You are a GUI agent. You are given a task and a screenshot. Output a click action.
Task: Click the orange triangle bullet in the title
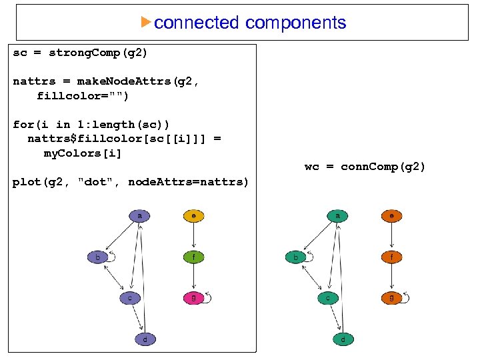[x=147, y=22]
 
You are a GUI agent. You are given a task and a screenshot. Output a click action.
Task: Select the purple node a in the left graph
[x=139, y=216]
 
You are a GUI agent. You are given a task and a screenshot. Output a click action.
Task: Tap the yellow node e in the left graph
[x=193, y=216]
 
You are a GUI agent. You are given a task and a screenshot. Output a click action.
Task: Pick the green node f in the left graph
[x=193, y=257]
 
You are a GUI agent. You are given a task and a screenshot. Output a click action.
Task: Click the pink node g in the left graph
[x=193, y=298]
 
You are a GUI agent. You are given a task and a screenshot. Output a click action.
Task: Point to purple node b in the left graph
[x=98, y=257]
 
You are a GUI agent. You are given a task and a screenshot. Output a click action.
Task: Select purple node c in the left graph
[x=130, y=299]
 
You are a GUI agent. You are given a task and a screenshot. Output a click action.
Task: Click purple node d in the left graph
[x=145, y=339]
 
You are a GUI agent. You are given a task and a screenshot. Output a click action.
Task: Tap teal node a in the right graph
[x=338, y=216]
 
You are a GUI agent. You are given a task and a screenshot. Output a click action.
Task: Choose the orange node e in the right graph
[x=391, y=216]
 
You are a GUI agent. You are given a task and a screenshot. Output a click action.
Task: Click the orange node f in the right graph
[x=391, y=257]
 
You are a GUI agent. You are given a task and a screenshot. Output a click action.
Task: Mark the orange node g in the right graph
[x=391, y=298]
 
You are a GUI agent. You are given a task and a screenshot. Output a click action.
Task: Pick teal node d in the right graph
[x=343, y=339]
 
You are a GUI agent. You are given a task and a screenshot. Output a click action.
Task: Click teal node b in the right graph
[x=296, y=257]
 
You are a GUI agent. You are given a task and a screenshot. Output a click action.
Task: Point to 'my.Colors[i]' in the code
[x=83, y=153]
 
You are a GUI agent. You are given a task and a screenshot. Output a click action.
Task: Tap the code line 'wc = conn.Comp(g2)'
[x=365, y=167]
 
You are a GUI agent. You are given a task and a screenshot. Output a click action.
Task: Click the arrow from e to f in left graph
[x=193, y=236]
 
